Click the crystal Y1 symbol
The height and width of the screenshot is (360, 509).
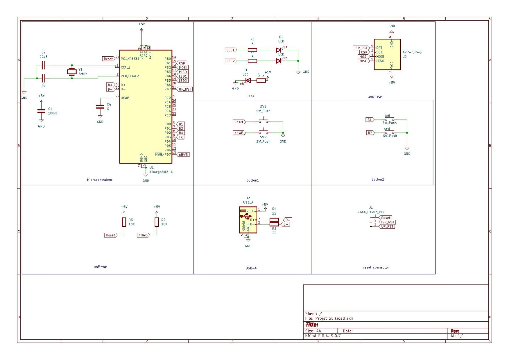(71, 72)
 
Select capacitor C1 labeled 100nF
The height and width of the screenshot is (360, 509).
(41, 111)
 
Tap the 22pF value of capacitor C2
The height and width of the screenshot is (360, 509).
(44, 57)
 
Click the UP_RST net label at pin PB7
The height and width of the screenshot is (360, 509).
(185, 89)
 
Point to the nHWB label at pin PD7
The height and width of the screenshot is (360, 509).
(183, 155)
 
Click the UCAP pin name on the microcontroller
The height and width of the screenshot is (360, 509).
(125, 98)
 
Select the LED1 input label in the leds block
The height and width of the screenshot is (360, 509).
(231, 50)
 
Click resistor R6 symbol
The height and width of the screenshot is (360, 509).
(252, 50)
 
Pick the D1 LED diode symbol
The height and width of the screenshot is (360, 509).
(248, 80)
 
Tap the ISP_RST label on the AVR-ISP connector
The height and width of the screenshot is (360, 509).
(361, 48)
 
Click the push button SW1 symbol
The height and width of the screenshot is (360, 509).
(263, 121)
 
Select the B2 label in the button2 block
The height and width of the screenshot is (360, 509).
(370, 133)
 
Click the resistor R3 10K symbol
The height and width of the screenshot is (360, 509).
(124, 222)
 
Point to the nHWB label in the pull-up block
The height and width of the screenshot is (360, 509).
(143, 235)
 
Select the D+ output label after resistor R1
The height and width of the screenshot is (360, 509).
(288, 220)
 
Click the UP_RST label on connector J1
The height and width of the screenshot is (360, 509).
(387, 226)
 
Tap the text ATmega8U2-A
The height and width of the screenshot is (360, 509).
(161, 172)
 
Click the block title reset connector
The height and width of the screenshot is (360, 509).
(376, 267)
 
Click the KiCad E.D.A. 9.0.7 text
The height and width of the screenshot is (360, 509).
(323, 336)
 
